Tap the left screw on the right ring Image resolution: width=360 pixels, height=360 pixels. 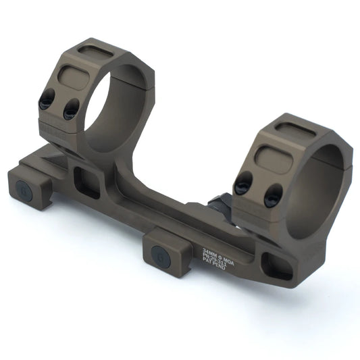243,183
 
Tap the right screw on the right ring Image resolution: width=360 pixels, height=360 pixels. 272,195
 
